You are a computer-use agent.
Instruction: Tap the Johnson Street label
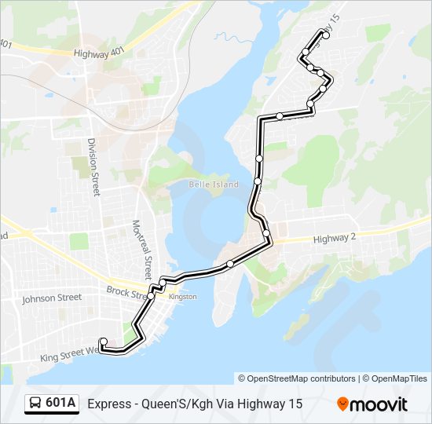pos(51,298)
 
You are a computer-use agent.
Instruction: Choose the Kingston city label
pos(182,297)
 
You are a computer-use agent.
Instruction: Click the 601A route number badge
pos(60,404)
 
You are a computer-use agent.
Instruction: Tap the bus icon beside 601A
pos(35,404)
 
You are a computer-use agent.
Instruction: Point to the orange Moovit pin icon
pos(342,404)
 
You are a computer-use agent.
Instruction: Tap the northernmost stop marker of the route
pos(326,35)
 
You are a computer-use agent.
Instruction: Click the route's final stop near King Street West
pos(103,342)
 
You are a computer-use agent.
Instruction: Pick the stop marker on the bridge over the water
pos(229,264)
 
